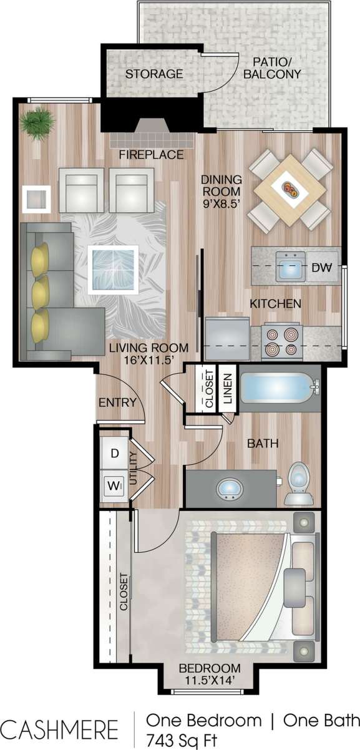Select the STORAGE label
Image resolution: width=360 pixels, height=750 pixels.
click(x=154, y=74)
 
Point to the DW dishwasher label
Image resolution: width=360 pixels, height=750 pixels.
click(x=321, y=268)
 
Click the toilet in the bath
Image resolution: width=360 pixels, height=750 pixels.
click(x=298, y=482)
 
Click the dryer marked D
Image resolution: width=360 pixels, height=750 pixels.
click(x=114, y=454)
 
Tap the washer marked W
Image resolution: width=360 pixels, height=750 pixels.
click(x=114, y=484)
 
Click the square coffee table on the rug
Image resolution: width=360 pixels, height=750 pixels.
click(x=112, y=268)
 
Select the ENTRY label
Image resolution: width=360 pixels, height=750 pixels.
click(x=117, y=402)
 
